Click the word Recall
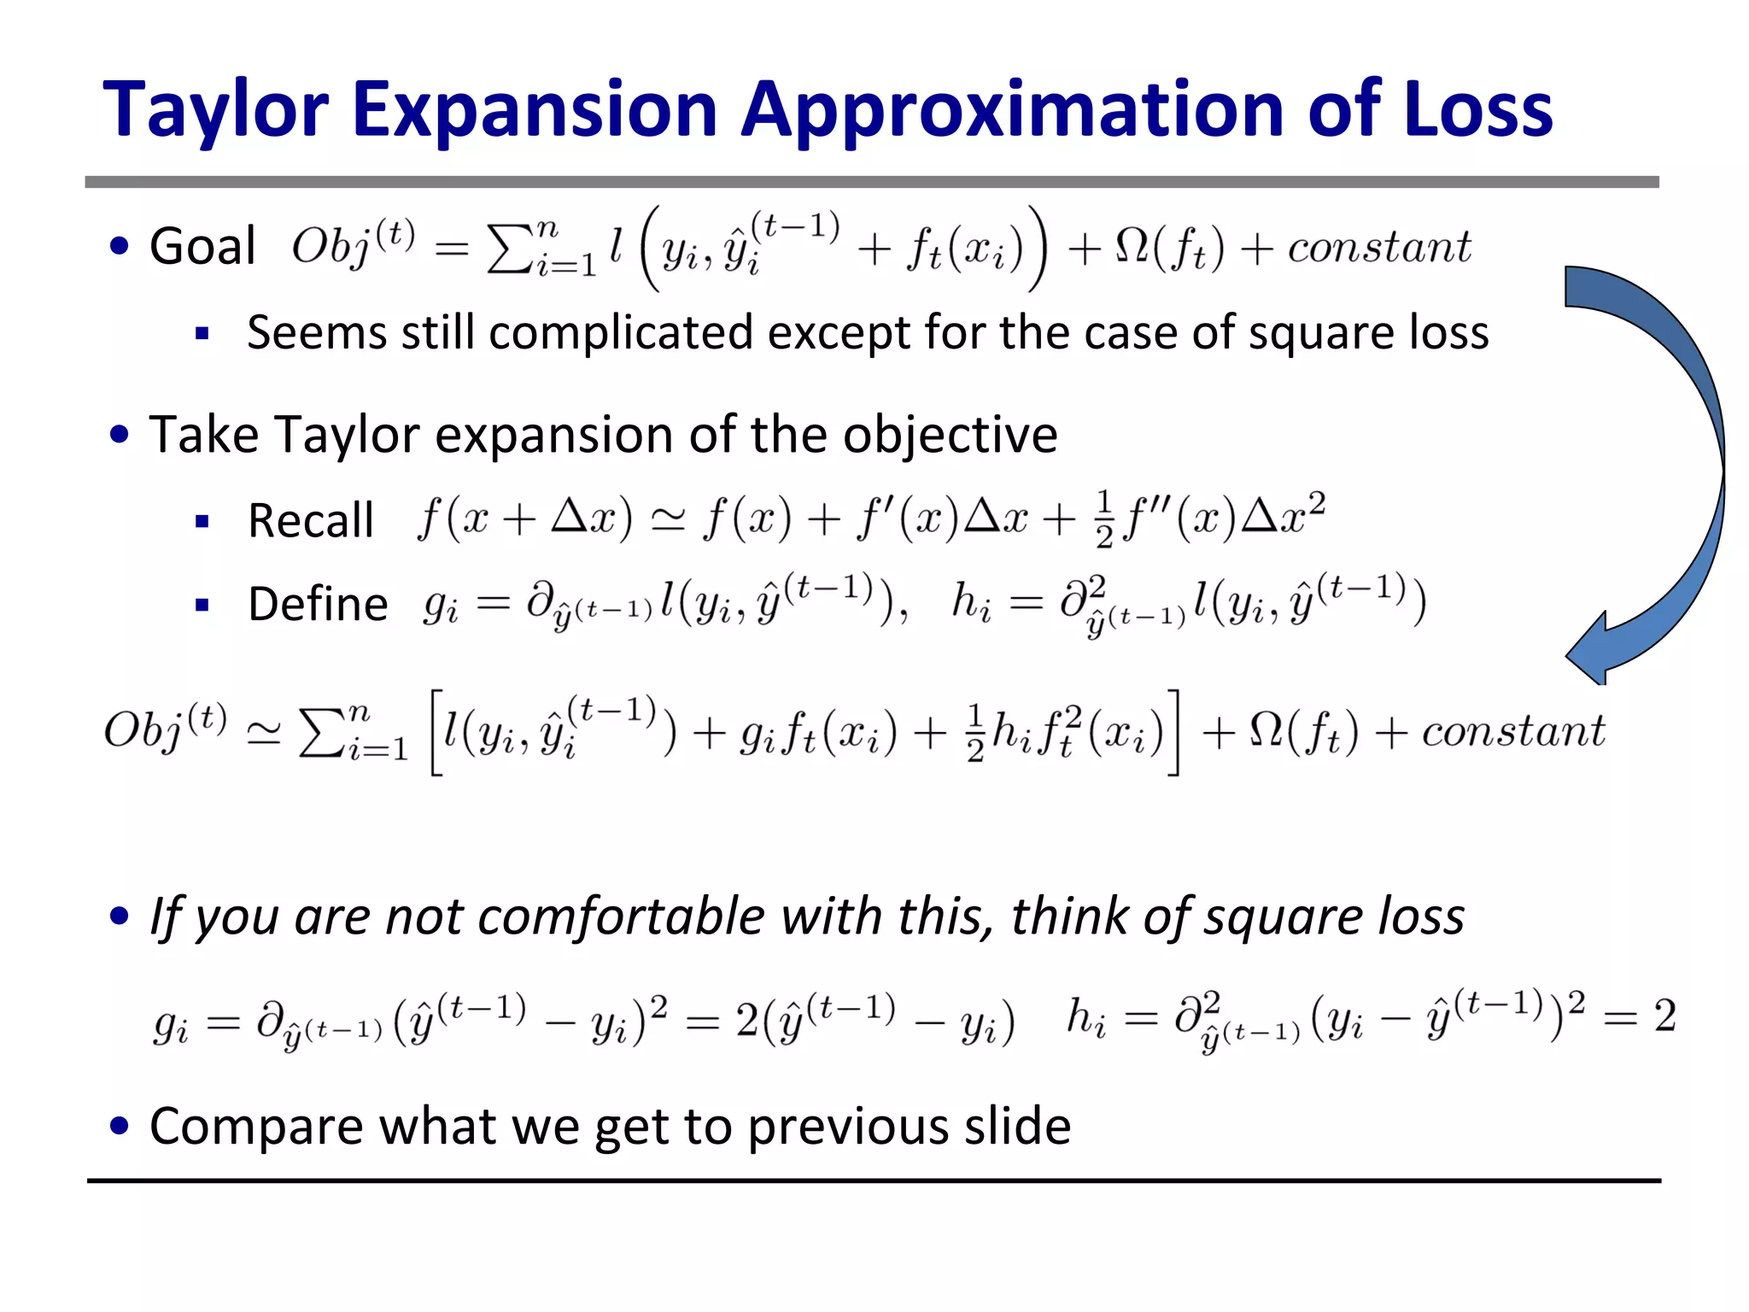(x=311, y=520)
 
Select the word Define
(x=318, y=604)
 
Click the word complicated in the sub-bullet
(x=621, y=333)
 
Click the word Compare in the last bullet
(x=256, y=1126)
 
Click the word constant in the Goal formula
(x=1379, y=248)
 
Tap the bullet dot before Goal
(x=120, y=246)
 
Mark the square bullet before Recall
(x=202, y=521)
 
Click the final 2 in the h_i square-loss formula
(x=1664, y=1016)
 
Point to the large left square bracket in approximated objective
(x=436, y=733)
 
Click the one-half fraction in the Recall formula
(x=1104, y=519)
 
